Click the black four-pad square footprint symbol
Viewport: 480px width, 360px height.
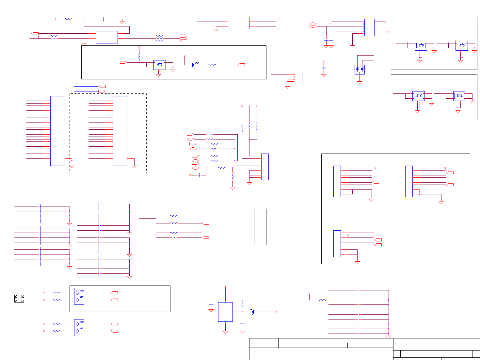click(19, 299)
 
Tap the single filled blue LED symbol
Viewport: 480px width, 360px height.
click(193, 65)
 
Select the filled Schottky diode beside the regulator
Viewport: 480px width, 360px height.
click(253, 312)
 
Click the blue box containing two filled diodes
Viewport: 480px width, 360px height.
click(360, 69)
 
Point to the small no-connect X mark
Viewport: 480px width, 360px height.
click(348, 235)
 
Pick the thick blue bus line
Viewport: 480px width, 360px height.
click(86, 91)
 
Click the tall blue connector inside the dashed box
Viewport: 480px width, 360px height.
click(120, 131)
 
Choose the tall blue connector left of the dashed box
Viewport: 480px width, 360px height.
click(57, 131)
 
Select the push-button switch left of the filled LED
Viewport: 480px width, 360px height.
click(160, 65)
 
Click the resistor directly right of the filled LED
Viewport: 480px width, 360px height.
click(212, 65)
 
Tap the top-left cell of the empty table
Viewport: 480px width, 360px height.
click(260, 212)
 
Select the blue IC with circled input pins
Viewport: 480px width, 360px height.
click(369, 27)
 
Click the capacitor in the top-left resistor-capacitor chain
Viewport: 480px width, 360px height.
click(104, 19)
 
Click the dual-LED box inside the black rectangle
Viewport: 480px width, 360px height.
click(79, 296)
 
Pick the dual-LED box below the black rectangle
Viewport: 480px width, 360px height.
click(79, 327)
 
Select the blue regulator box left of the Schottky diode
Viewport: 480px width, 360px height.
click(225, 312)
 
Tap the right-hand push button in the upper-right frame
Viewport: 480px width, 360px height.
click(461, 45)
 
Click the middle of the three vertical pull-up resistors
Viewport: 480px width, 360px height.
click(249, 126)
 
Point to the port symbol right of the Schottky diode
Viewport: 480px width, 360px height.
click(280, 312)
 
